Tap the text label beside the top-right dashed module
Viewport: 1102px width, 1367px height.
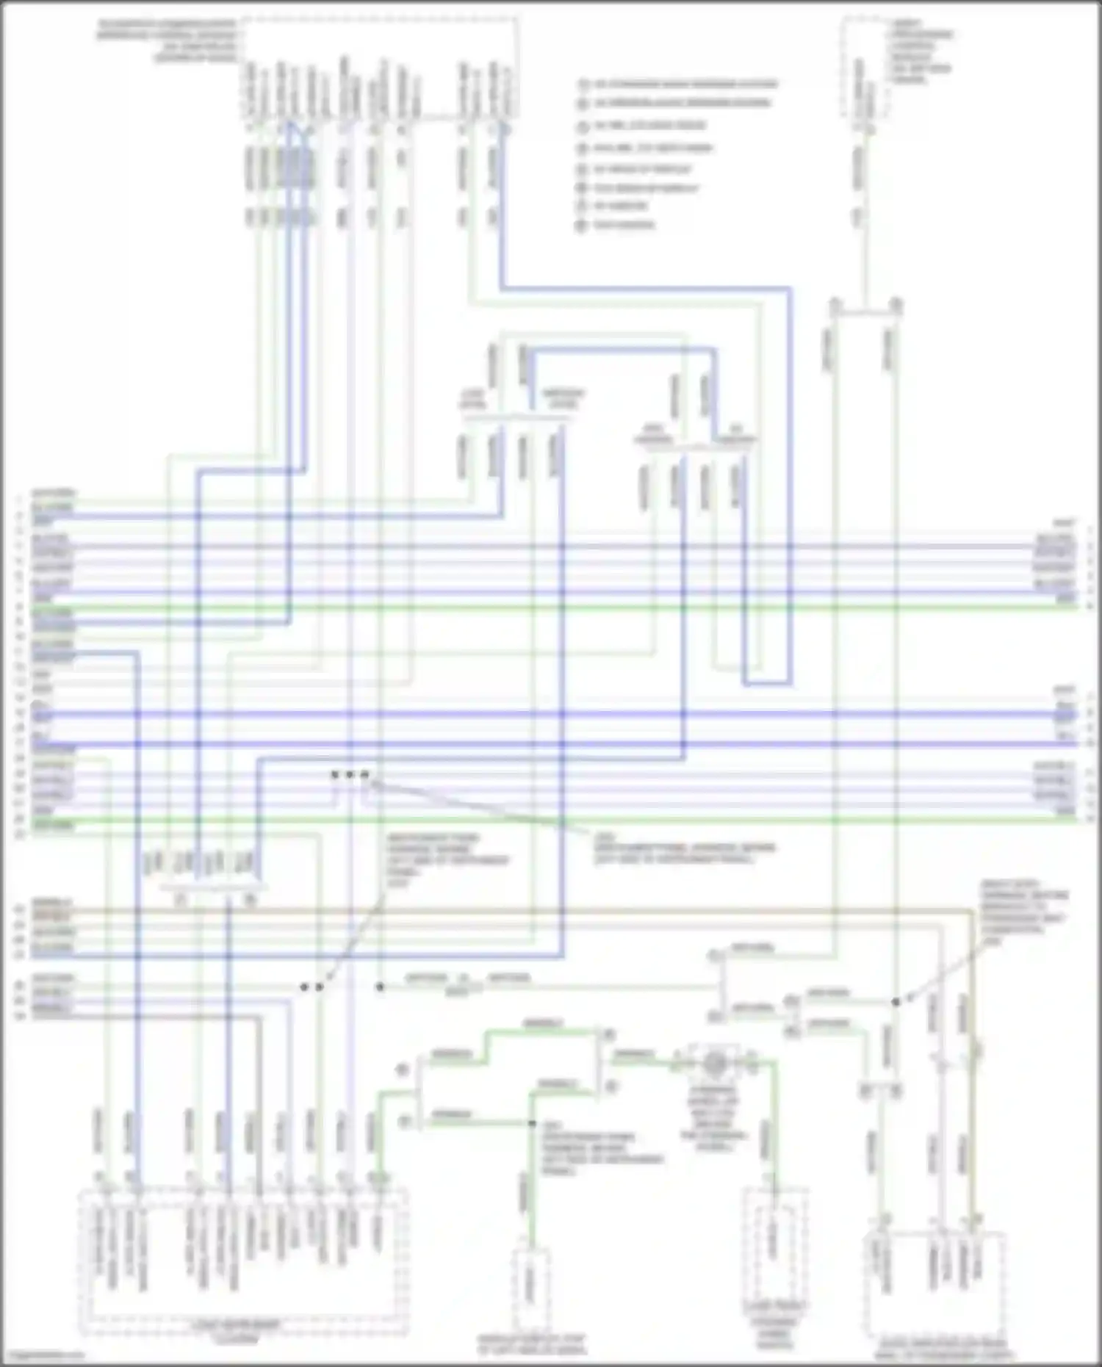coord(921,51)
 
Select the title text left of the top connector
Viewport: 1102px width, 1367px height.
coord(168,40)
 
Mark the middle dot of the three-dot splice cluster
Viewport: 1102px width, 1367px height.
coord(350,774)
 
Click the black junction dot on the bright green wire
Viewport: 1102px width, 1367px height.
coord(532,1124)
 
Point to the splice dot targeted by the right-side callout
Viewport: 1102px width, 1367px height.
coord(895,1001)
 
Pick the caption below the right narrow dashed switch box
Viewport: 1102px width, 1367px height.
coord(776,1325)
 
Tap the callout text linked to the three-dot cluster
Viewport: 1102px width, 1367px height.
coord(683,848)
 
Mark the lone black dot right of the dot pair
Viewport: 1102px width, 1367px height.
coord(380,987)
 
